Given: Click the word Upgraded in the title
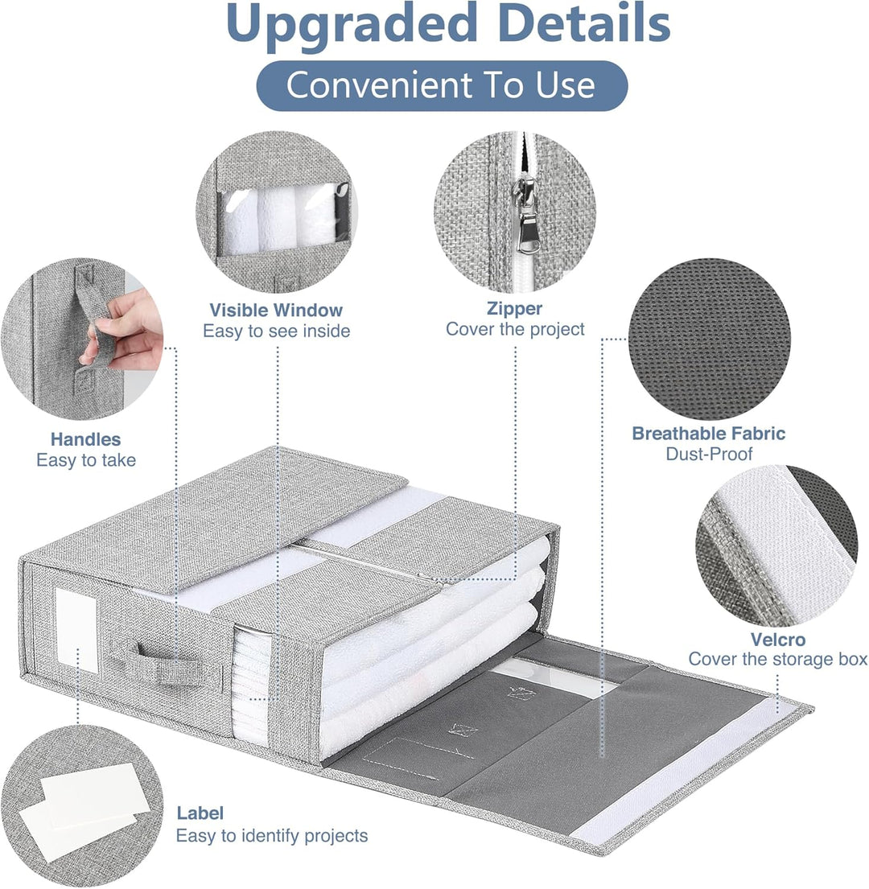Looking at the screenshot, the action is (352, 25).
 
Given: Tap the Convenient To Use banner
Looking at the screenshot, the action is (442, 85).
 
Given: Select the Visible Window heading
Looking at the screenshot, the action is (276, 310).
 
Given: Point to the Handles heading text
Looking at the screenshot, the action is (85, 439).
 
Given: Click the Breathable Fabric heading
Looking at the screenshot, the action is (709, 434).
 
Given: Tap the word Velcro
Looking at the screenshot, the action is (778, 640).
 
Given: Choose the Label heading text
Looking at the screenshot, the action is (200, 813).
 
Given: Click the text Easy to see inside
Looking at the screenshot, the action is (276, 331).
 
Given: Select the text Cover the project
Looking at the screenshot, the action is (515, 329).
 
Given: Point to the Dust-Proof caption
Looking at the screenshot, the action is (709, 454).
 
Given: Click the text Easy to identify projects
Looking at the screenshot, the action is (271, 836).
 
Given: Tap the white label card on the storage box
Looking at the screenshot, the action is (76, 630).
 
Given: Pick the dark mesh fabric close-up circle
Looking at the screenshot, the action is (709, 340).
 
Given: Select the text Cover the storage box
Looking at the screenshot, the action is (778, 660).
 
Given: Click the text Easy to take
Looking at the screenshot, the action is (85, 460).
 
